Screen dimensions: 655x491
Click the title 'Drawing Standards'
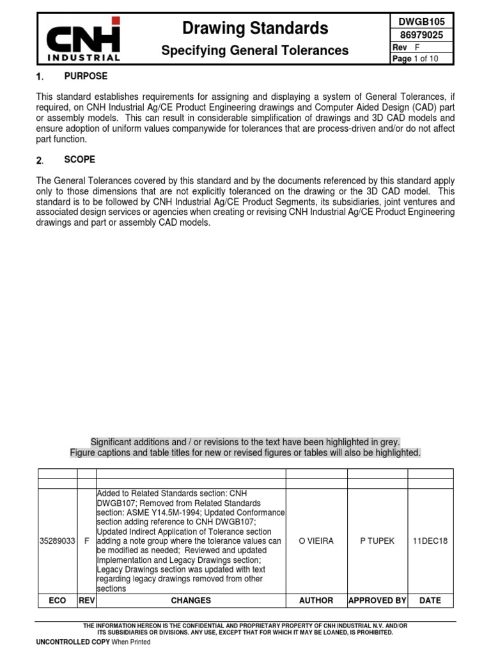[x=255, y=28]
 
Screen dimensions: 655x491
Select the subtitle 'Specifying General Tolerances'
[x=255, y=51]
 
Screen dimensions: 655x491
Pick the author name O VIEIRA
[x=316, y=541]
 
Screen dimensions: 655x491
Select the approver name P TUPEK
[x=377, y=541]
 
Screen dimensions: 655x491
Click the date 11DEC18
[x=430, y=541]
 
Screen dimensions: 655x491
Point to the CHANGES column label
[x=191, y=601]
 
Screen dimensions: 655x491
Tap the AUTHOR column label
[x=316, y=601]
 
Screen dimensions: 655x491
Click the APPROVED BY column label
[x=377, y=601]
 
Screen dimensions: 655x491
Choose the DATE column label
[x=430, y=601]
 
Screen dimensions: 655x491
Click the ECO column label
[x=58, y=601]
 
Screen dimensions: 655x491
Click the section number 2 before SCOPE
[x=40, y=160]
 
